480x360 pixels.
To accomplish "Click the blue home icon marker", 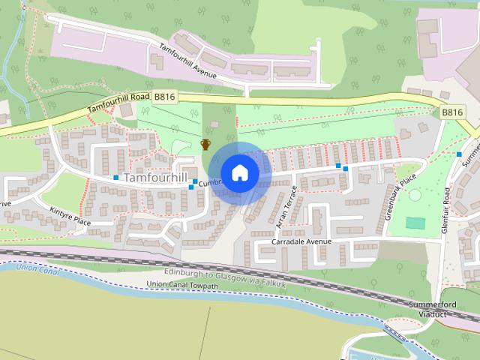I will coord(240,173).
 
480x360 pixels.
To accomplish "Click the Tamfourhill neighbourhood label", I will coord(155,178).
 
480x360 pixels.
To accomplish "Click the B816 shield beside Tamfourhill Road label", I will coord(164,97).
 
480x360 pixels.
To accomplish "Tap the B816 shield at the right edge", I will coord(452,112).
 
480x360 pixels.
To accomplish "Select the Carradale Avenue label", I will coord(302,242).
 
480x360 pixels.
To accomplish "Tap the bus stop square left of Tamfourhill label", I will coord(116,178).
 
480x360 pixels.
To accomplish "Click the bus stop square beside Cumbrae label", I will coord(195,181).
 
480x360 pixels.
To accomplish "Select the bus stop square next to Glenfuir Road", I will coord(459,154).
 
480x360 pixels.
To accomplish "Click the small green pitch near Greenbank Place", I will coord(414,223).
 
